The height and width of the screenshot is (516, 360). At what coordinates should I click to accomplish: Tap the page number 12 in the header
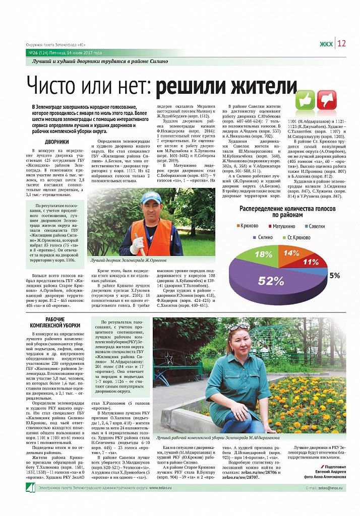341,43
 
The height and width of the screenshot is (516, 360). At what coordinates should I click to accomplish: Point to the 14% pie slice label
291,253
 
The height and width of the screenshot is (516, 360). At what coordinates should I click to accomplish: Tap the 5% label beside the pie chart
334,276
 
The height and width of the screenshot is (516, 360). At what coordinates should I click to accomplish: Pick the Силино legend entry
265,236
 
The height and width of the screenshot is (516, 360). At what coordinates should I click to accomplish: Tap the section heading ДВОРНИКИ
57,142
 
